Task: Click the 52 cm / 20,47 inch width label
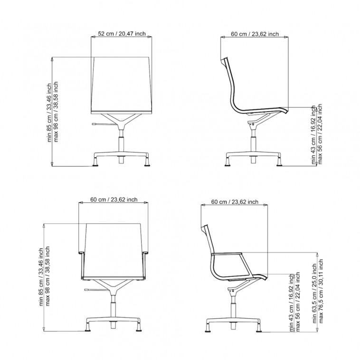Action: click(122, 34)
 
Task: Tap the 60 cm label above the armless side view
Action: click(255, 34)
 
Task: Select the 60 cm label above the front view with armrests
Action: click(114, 199)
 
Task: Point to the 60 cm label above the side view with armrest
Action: click(235, 202)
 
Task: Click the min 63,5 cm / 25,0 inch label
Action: click(314, 294)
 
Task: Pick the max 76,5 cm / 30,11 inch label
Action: click(321, 291)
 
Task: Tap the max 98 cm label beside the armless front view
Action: click(56, 112)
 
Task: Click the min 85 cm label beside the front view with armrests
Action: click(41, 277)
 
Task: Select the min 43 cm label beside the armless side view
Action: click(313, 135)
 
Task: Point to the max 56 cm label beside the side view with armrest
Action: click(298, 302)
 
